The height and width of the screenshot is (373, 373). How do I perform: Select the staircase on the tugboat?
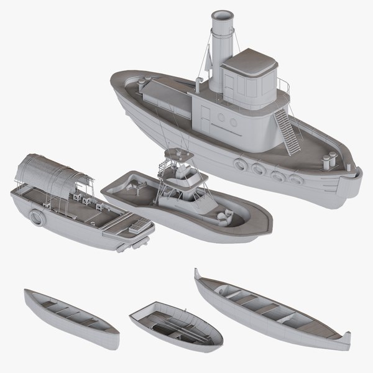[x=288, y=127]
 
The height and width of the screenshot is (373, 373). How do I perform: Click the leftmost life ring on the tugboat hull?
[x=241, y=164]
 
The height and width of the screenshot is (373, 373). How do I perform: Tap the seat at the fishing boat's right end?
[x=224, y=216]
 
